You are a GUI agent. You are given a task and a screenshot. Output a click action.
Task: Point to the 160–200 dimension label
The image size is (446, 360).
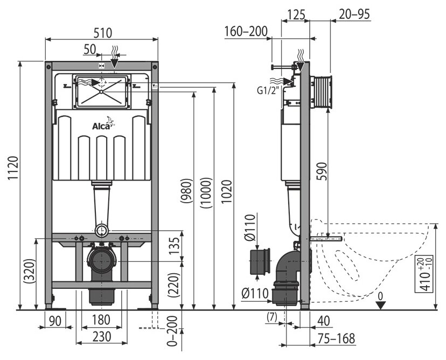coord(247,31)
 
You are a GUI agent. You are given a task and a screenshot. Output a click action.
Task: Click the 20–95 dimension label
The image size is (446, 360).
coord(354,15)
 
